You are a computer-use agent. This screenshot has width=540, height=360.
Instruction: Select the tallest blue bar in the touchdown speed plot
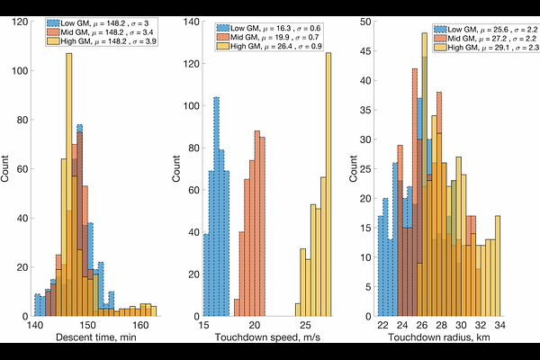216,207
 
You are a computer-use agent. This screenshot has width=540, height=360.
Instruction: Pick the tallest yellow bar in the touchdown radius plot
425,175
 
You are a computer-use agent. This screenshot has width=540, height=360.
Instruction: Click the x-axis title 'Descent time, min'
96,337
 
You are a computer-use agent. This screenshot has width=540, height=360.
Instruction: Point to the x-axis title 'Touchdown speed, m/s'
267,337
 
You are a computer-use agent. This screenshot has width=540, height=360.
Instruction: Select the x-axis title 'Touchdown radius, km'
439,337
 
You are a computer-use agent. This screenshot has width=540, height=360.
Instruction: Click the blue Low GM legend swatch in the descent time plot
53,23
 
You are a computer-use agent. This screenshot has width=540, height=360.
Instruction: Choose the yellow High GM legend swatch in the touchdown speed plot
223,47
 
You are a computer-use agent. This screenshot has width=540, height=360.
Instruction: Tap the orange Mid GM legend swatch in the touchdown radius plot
440,38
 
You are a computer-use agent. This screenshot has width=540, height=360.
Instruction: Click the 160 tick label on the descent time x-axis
141,325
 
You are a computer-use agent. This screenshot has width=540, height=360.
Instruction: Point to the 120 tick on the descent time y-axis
20,22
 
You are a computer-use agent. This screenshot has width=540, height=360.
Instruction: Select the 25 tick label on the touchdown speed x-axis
305,325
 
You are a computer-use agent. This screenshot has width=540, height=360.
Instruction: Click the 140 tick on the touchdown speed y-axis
192,22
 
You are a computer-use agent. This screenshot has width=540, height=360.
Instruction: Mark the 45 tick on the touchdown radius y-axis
366,51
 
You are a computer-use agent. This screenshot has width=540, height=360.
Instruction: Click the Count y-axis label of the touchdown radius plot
354,168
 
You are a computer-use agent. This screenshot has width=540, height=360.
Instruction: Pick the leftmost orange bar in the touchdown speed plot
237,308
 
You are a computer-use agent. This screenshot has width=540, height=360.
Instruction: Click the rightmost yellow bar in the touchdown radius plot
498,266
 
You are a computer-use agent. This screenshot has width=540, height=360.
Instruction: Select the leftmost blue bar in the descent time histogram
37,305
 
